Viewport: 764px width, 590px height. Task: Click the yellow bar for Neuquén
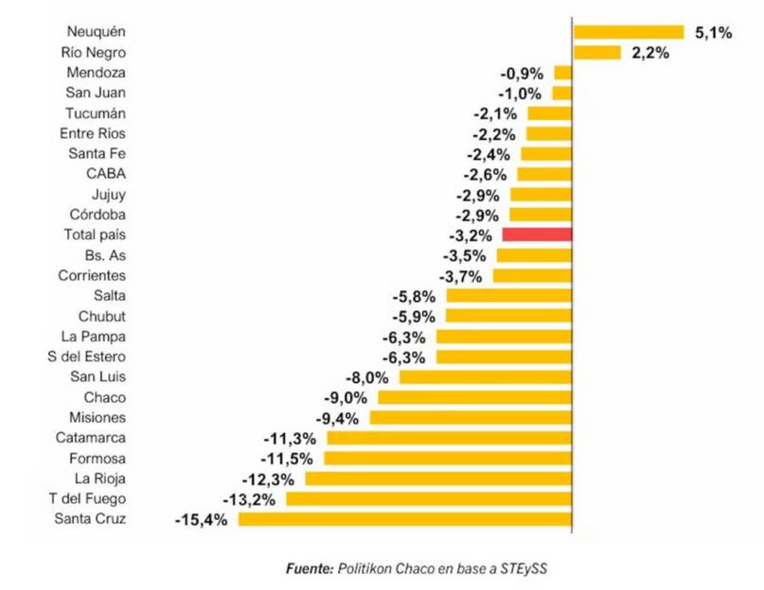click(628, 32)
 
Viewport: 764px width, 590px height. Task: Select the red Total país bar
click(537, 234)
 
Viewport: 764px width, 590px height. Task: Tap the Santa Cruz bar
click(405, 519)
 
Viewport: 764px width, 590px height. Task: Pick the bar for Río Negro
click(596, 53)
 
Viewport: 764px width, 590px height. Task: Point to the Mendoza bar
click(563, 73)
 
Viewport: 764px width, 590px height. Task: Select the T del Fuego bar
click(429, 498)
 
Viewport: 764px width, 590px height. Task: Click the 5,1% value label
click(713, 33)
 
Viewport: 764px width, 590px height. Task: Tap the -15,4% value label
click(202, 519)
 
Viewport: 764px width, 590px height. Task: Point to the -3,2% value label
click(468, 234)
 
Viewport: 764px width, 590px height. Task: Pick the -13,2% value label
click(249, 498)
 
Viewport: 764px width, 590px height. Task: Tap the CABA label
click(106, 174)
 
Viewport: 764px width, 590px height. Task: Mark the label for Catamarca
click(90, 438)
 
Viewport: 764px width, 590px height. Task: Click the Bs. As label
click(104, 255)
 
